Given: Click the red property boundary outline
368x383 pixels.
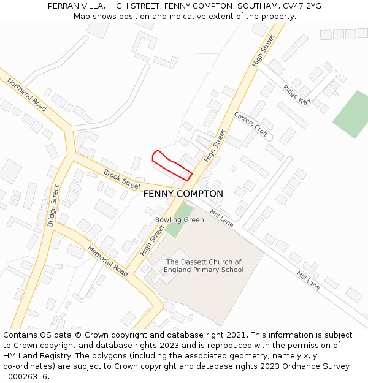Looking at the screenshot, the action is (171, 165).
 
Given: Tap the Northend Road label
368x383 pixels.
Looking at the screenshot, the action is (27, 94).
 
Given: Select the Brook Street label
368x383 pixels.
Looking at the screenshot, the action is (122, 179).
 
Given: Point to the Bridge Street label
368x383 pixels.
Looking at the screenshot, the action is (53, 205).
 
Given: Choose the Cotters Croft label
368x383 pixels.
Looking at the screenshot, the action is (251, 124).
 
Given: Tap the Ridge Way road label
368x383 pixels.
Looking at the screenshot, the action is (297, 95).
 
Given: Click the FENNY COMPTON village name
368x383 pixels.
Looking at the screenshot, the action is (183, 194).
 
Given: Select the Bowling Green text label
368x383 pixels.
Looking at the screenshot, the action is (179, 220).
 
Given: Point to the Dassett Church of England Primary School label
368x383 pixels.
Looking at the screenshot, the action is (204, 266).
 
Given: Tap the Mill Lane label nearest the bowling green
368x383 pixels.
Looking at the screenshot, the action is (221, 218).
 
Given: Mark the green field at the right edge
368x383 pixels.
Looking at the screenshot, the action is (353, 115).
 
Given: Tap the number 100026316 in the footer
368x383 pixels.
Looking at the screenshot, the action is (24, 377).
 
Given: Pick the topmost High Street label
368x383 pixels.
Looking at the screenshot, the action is (264, 50).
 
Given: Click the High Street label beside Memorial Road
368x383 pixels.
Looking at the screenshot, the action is (152, 240).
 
